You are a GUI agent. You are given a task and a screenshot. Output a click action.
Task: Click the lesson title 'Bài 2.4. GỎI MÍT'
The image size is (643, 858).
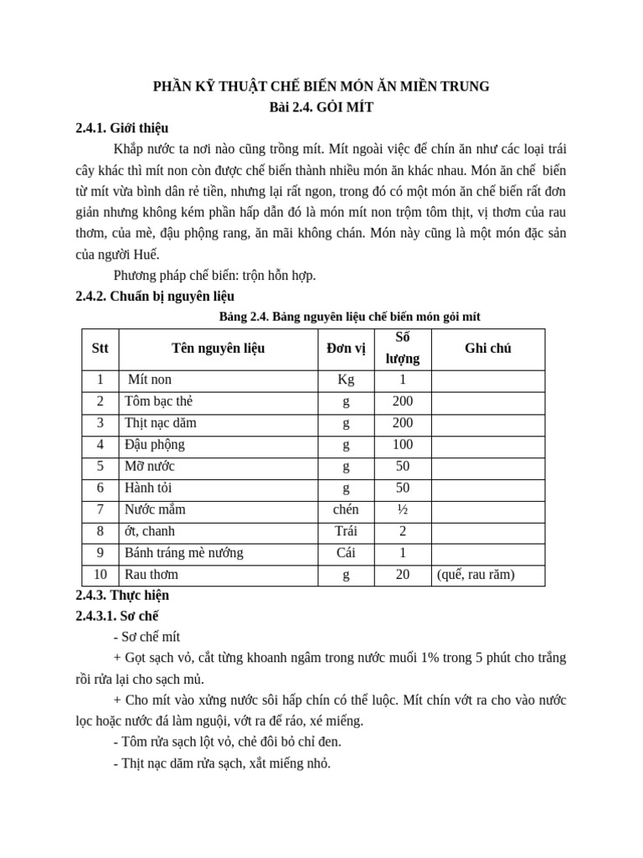point(321,107)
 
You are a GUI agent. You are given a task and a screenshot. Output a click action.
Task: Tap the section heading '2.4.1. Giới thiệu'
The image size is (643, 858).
point(121,128)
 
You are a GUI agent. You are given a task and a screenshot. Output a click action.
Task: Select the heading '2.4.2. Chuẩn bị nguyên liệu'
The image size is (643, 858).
point(155,296)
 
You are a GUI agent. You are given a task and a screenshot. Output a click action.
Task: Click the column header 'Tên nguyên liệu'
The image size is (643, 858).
point(218,349)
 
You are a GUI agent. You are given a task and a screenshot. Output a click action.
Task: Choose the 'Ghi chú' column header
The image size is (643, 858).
point(487,349)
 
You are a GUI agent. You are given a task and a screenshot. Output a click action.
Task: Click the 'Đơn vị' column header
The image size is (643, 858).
point(346,349)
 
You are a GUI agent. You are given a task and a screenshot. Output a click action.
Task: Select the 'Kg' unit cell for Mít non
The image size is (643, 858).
point(346,380)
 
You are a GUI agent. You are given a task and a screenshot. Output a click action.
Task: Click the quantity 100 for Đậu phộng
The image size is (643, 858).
point(403,445)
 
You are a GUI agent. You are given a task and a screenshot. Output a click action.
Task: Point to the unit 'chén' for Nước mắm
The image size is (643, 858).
point(346,509)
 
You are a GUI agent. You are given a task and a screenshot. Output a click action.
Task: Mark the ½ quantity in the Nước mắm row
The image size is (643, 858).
point(403,509)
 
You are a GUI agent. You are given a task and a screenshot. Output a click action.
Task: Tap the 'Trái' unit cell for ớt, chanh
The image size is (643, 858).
point(346,531)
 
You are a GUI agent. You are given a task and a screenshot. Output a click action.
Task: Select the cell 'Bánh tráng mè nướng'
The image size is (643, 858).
point(184,553)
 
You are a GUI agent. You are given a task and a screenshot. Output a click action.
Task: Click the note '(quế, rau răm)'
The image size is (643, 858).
point(476,575)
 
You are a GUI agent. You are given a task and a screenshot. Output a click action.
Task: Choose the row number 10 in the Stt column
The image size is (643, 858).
point(100,575)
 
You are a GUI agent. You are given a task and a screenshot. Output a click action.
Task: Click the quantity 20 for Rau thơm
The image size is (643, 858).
point(403,575)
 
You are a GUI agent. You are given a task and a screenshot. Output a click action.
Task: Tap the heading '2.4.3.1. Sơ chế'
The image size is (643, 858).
point(116,616)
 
